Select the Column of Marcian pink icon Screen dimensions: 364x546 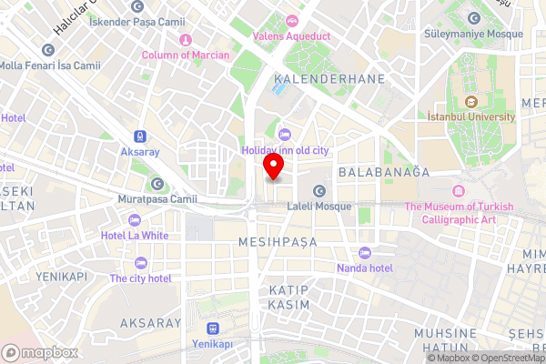tap(186, 39)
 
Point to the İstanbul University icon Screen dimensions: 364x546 tap(471, 101)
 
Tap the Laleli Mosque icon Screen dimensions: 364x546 tap(319, 190)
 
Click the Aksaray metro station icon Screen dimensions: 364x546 tap(140, 135)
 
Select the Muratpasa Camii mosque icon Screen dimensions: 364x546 tap(157, 183)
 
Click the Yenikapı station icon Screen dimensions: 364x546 tap(213, 328)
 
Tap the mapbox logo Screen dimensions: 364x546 tap(39, 352)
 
